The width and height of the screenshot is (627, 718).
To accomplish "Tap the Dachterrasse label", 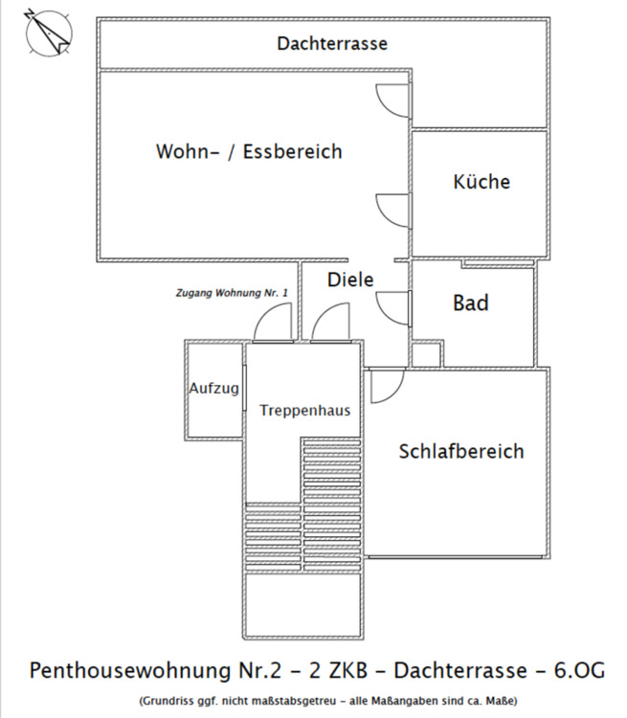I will click(332, 44).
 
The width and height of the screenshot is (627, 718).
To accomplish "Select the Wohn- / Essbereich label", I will click(249, 152).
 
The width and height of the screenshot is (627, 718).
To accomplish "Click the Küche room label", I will click(481, 182).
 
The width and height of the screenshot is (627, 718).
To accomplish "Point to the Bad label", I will click(471, 303).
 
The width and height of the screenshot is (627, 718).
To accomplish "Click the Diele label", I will click(350, 280).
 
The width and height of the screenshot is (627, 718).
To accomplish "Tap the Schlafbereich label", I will click(461, 451).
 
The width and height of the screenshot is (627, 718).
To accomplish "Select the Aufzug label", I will click(213, 389).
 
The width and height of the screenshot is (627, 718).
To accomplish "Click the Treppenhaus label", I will click(305, 410).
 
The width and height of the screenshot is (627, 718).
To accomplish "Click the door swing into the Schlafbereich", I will click(386, 385).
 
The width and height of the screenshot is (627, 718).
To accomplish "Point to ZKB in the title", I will click(352, 668).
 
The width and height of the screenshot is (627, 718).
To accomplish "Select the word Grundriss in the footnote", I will click(168, 699).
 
